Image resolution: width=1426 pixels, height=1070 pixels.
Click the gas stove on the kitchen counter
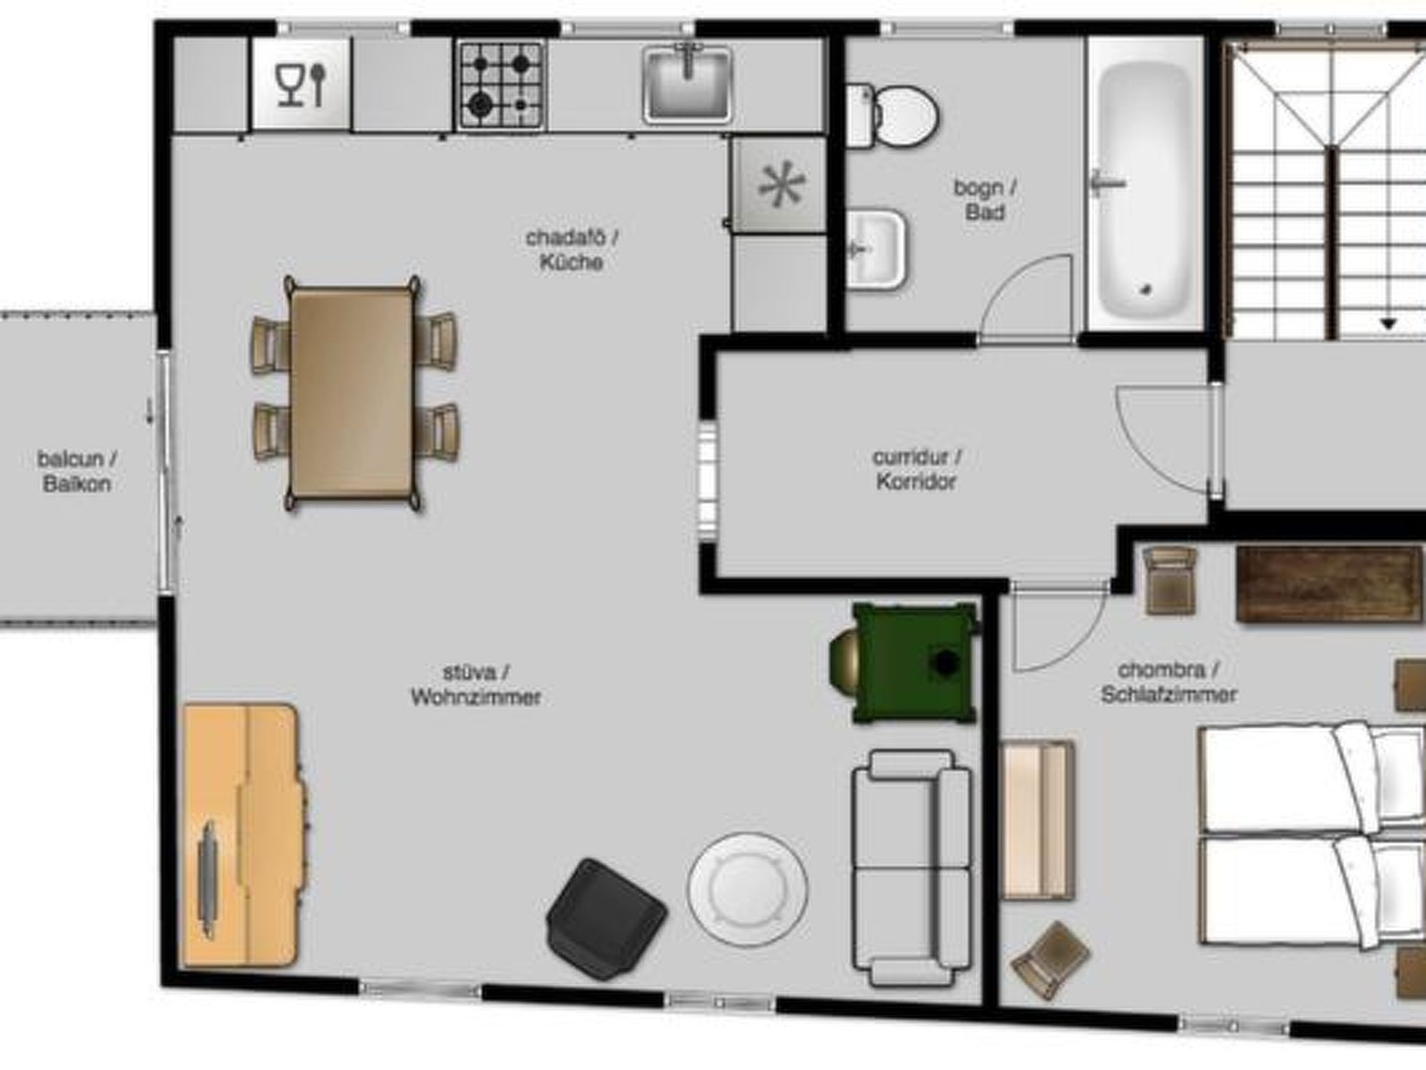[500, 85]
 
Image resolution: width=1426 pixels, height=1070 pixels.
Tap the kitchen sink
[687, 85]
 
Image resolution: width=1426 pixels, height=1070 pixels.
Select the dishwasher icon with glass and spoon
[301, 84]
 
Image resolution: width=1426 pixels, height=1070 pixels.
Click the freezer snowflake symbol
[782, 185]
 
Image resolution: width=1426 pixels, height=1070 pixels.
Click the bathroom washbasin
[877, 249]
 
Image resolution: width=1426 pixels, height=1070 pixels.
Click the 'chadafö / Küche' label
[572, 250]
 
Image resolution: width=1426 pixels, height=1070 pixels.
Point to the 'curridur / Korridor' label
[916, 469]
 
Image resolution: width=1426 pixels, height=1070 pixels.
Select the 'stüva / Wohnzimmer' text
[476, 685]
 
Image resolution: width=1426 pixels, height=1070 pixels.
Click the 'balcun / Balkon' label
[77, 472]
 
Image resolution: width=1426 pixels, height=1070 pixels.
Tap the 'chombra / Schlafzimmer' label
[1168, 682]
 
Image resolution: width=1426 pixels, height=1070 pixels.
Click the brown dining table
[352, 392]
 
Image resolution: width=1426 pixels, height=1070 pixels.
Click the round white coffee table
[747, 889]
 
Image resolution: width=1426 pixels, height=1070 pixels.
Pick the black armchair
[606, 919]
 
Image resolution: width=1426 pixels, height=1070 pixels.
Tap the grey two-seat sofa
[912, 868]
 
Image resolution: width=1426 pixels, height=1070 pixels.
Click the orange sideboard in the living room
[243, 835]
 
